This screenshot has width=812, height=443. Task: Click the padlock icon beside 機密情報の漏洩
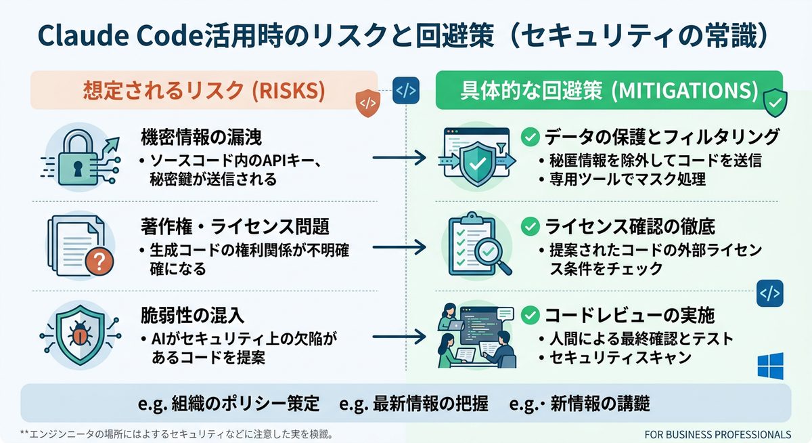coord(76,161)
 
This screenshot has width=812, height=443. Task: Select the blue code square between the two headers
coord(406,89)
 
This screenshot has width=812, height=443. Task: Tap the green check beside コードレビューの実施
coord(531,315)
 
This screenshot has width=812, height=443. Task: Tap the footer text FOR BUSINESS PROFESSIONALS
coord(718,434)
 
